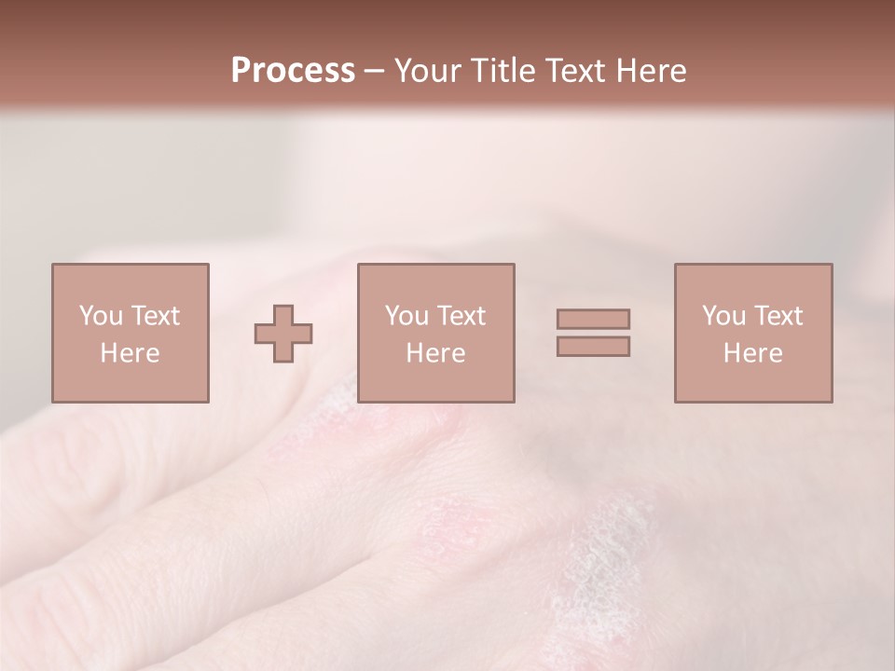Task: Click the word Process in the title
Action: [293, 71]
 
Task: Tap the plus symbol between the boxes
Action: [283, 334]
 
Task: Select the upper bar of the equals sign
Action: [593, 319]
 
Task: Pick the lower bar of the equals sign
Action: [593, 347]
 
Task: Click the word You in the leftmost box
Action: [101, 316]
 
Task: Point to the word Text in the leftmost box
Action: [155, 316]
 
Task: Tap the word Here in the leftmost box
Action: [130, 353]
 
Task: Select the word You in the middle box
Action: [406, 316]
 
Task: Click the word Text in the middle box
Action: [461, 316]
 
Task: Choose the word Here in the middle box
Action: [435, 353]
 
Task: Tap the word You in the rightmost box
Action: [723, 316]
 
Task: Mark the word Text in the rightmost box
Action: [778, 316]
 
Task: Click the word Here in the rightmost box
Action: [752, 353]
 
